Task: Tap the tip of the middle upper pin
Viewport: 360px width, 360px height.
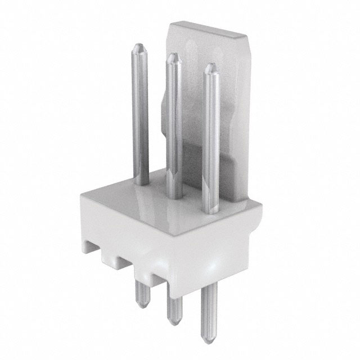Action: coord(173,57)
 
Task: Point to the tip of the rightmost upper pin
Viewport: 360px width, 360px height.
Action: coord(210,66)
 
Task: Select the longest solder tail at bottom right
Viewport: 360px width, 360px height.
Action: coord(210,315)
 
